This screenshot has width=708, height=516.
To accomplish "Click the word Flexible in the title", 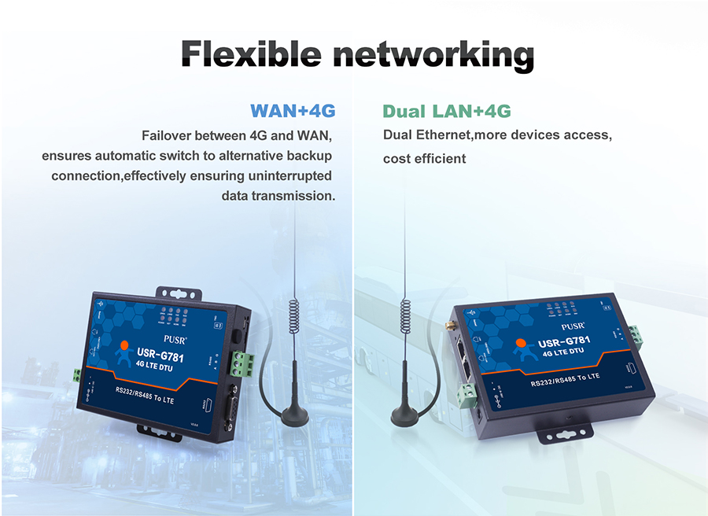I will (x=250, y=53).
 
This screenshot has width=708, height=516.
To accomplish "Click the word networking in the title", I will (x=432, y=53).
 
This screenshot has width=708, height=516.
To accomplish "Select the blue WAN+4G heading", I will (x=293, y=110).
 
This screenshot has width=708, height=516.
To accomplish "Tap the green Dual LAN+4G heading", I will (x=446, y=110).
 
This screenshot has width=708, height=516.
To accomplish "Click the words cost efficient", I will (x=424, y=159).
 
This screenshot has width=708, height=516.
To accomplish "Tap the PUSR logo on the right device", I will (x=573, y=324).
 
